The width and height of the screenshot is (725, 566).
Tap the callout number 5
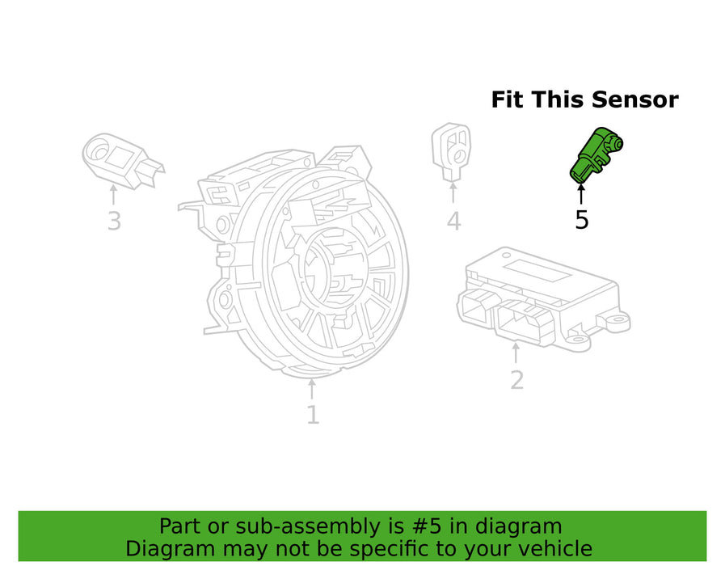coord(582,219)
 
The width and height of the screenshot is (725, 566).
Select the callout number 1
coord(312,415)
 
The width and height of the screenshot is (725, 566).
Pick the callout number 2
coord(516,378)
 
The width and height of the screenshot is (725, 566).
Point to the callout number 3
coord(114,220)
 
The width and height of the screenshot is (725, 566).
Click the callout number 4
coord(453,220)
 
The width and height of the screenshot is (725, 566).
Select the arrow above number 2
coord(516,353)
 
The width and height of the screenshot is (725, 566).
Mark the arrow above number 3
coord(114,194)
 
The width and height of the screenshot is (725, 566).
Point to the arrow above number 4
coord(453,192)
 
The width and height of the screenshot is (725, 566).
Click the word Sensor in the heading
coord(634,100)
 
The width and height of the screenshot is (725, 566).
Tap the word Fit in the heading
coord(508,100)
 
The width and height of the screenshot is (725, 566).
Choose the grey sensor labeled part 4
coord(451,149)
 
